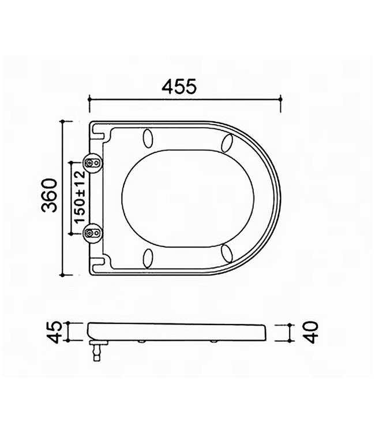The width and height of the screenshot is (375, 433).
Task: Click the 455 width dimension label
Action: pyautogui.click(x=179, y=87)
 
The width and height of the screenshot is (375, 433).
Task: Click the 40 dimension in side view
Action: pyautogui.click(x=312, y=333)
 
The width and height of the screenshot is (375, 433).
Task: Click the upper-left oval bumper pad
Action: pyautogui.click(x=148, y=139)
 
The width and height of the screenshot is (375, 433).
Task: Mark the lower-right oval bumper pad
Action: pyautogui.click(x=227, y=253)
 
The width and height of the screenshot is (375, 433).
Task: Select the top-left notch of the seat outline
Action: pyautogui.click(x=102, y=134)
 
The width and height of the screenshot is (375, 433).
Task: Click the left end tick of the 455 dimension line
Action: pyautogui.click(x=89, y=103)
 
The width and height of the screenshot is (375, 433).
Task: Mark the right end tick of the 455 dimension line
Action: pyautogui.click(x=280, y=103)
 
